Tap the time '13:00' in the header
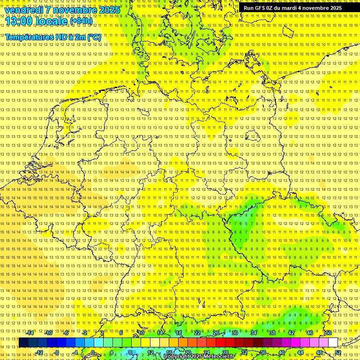pos(19,21)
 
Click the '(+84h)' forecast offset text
pos(81,21)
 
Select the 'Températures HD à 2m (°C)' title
pos(53,37)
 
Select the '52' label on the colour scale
pos(338,352)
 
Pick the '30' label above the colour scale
pos(234,333)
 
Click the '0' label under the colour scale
pos(92,352)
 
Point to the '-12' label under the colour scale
pos(39,352)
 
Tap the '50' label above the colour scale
pos(328,333)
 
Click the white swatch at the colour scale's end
pos(333,343)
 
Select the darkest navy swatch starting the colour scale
pos(23,343)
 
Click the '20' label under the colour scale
pos(187,352)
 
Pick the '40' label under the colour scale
pos(281,352)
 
